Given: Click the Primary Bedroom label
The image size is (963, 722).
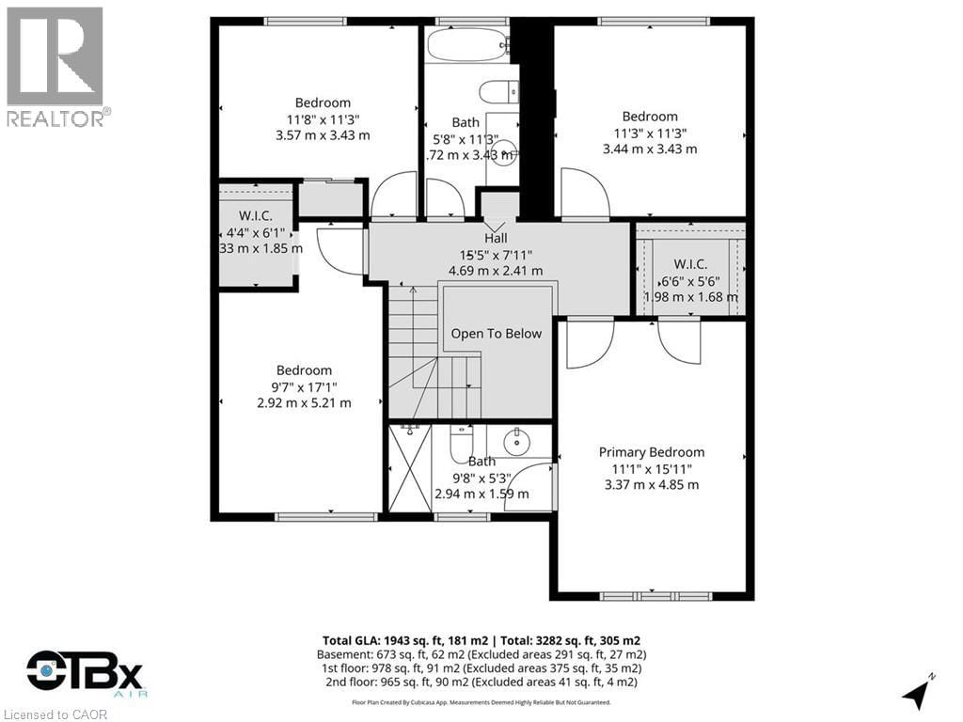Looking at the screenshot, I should click(x=651, y=452).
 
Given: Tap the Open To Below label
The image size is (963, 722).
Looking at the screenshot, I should click(x=497, y=334).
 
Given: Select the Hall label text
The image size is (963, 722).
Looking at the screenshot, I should click(x=496, y=238).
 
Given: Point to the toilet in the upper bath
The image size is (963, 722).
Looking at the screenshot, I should click(x=498, y=92).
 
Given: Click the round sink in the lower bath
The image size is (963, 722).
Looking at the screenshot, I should click(x=516, y=441).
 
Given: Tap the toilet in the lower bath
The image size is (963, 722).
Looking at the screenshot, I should click(x=462, y=440).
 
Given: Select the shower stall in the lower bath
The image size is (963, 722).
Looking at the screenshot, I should click(x=409, y=468).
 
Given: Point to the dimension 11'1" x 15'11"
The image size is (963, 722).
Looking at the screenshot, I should click(x=651, y=468).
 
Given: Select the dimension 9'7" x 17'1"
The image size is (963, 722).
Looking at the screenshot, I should click(x=304, y=386).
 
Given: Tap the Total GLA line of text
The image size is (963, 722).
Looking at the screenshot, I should click(x=481, y=640).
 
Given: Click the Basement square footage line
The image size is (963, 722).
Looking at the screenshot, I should click(x=481, y=654).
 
